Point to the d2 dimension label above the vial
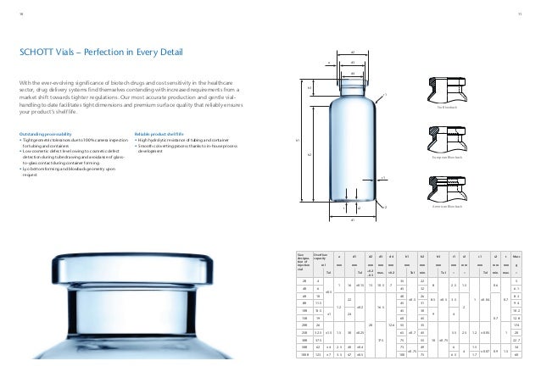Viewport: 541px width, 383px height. point(352,53)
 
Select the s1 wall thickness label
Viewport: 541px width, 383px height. point(382,178)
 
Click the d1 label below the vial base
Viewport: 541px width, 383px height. point(353,219)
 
